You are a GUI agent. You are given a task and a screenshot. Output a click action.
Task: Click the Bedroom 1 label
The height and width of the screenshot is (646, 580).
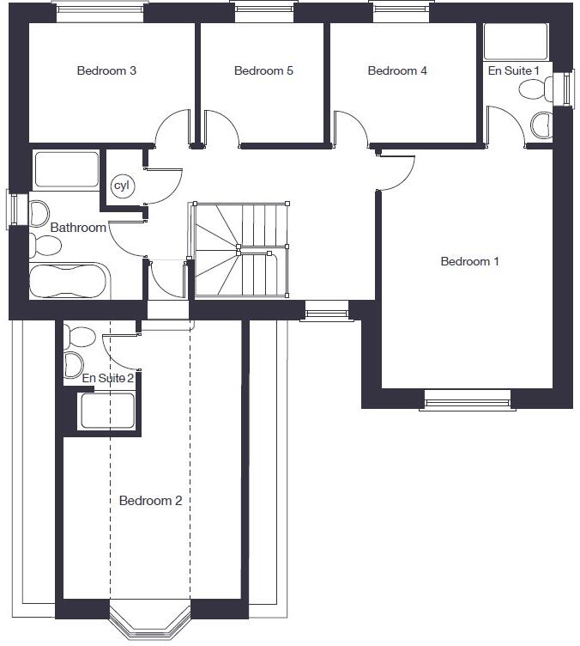tap(469, 261)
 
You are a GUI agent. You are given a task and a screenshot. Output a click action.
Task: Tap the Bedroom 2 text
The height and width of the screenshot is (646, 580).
tap(150, 501)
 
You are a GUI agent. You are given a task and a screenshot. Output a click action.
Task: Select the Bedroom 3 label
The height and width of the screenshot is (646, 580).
tap(106, 70)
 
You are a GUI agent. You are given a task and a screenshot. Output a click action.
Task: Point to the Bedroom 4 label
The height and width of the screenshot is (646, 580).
tap(397, 70)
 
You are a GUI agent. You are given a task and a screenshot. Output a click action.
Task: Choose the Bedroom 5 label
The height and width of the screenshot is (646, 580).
tap(263, 70)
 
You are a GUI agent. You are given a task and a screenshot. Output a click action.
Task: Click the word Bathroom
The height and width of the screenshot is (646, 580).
tap(78, 228)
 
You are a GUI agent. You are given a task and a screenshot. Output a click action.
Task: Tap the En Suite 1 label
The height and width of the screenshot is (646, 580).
tap(514, 70)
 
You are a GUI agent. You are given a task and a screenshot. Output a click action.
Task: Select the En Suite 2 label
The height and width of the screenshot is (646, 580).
tap(108, 378)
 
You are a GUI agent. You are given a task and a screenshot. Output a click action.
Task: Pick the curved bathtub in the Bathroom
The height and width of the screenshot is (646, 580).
tap(68, 282)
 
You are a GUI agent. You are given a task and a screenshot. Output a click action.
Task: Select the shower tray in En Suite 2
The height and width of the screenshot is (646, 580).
tap(106, 411)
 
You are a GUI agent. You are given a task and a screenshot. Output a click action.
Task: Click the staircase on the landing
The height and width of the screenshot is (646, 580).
tap(240, 250)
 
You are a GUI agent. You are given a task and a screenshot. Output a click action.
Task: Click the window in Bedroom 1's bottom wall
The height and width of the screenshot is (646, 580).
tap(468, 399)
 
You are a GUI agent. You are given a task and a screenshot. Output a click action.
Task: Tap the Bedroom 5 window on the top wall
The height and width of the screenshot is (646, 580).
tap(263, 11)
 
